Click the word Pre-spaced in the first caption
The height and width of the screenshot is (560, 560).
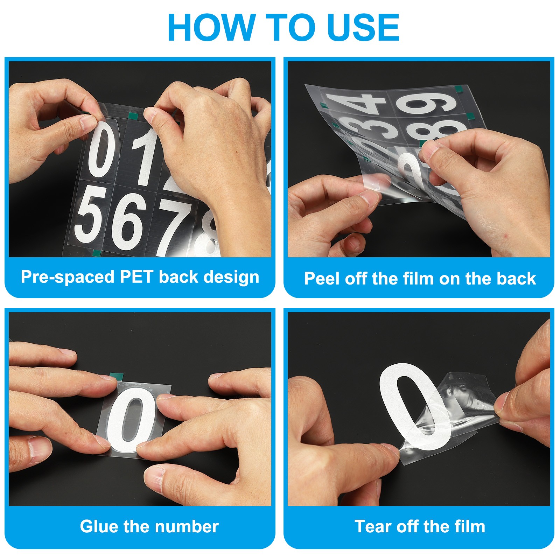coord(68,277)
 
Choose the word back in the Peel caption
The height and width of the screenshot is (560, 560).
coord(516,279)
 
